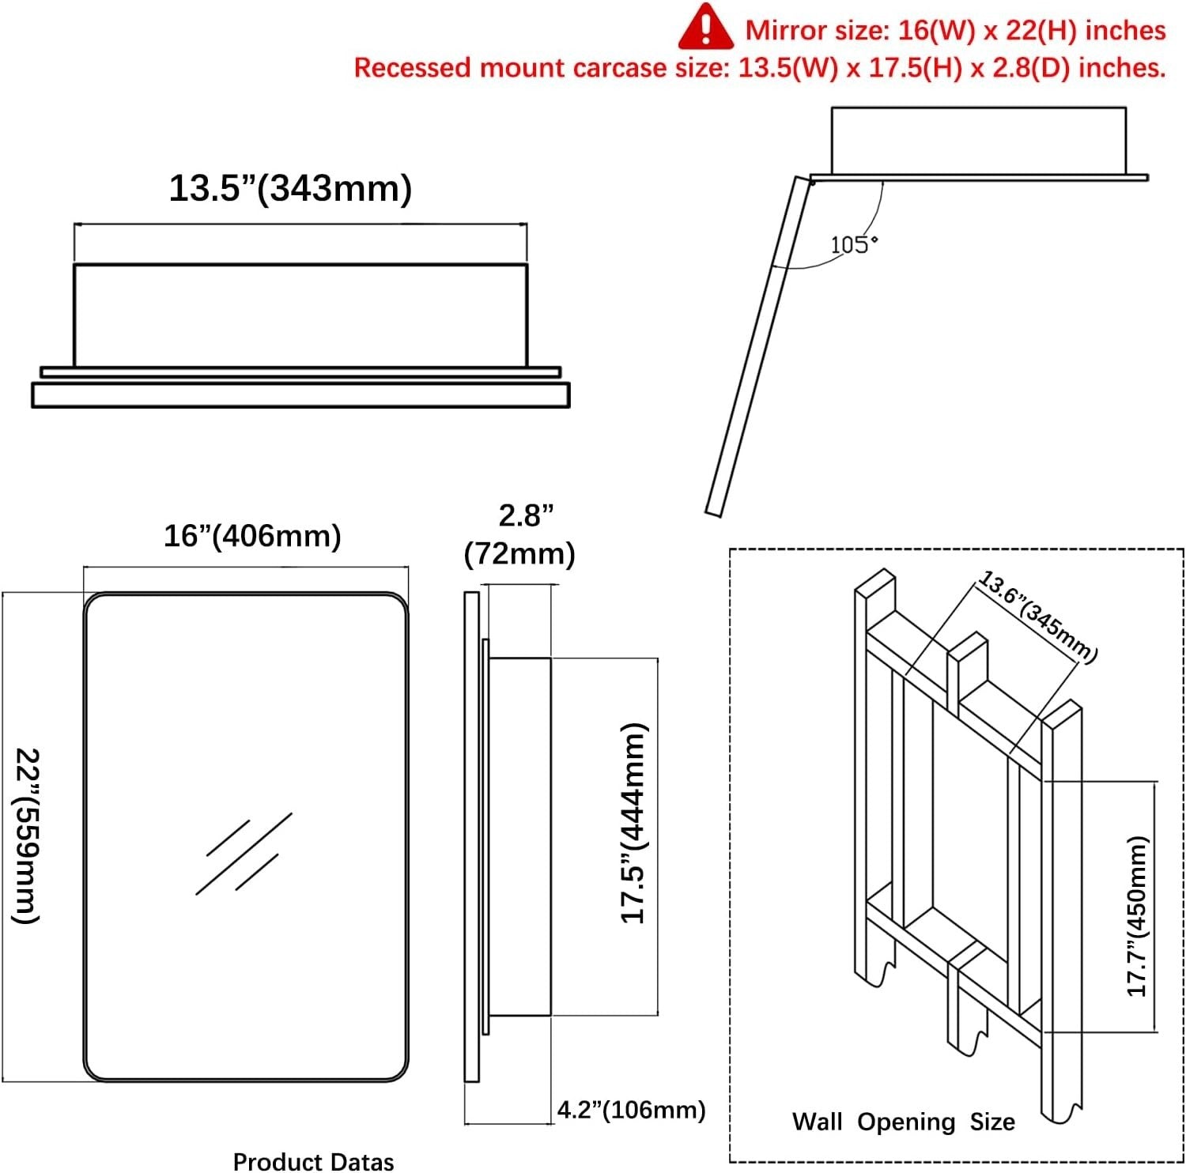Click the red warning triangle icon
pos(705,27)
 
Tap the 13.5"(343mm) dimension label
pos(290,189)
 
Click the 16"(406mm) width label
pos(252,536)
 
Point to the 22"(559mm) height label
pos(26,835)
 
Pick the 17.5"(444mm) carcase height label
pos(634,823)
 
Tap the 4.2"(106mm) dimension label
pos(631,1110)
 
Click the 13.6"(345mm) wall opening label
pos(1037,617)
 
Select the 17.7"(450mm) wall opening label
pos(1136,916)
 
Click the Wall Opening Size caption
pos(904,1122)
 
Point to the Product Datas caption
pos(313,1161)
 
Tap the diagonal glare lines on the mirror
pos(244,854)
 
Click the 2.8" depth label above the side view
pos(526,515)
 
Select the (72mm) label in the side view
pos(519,553)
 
